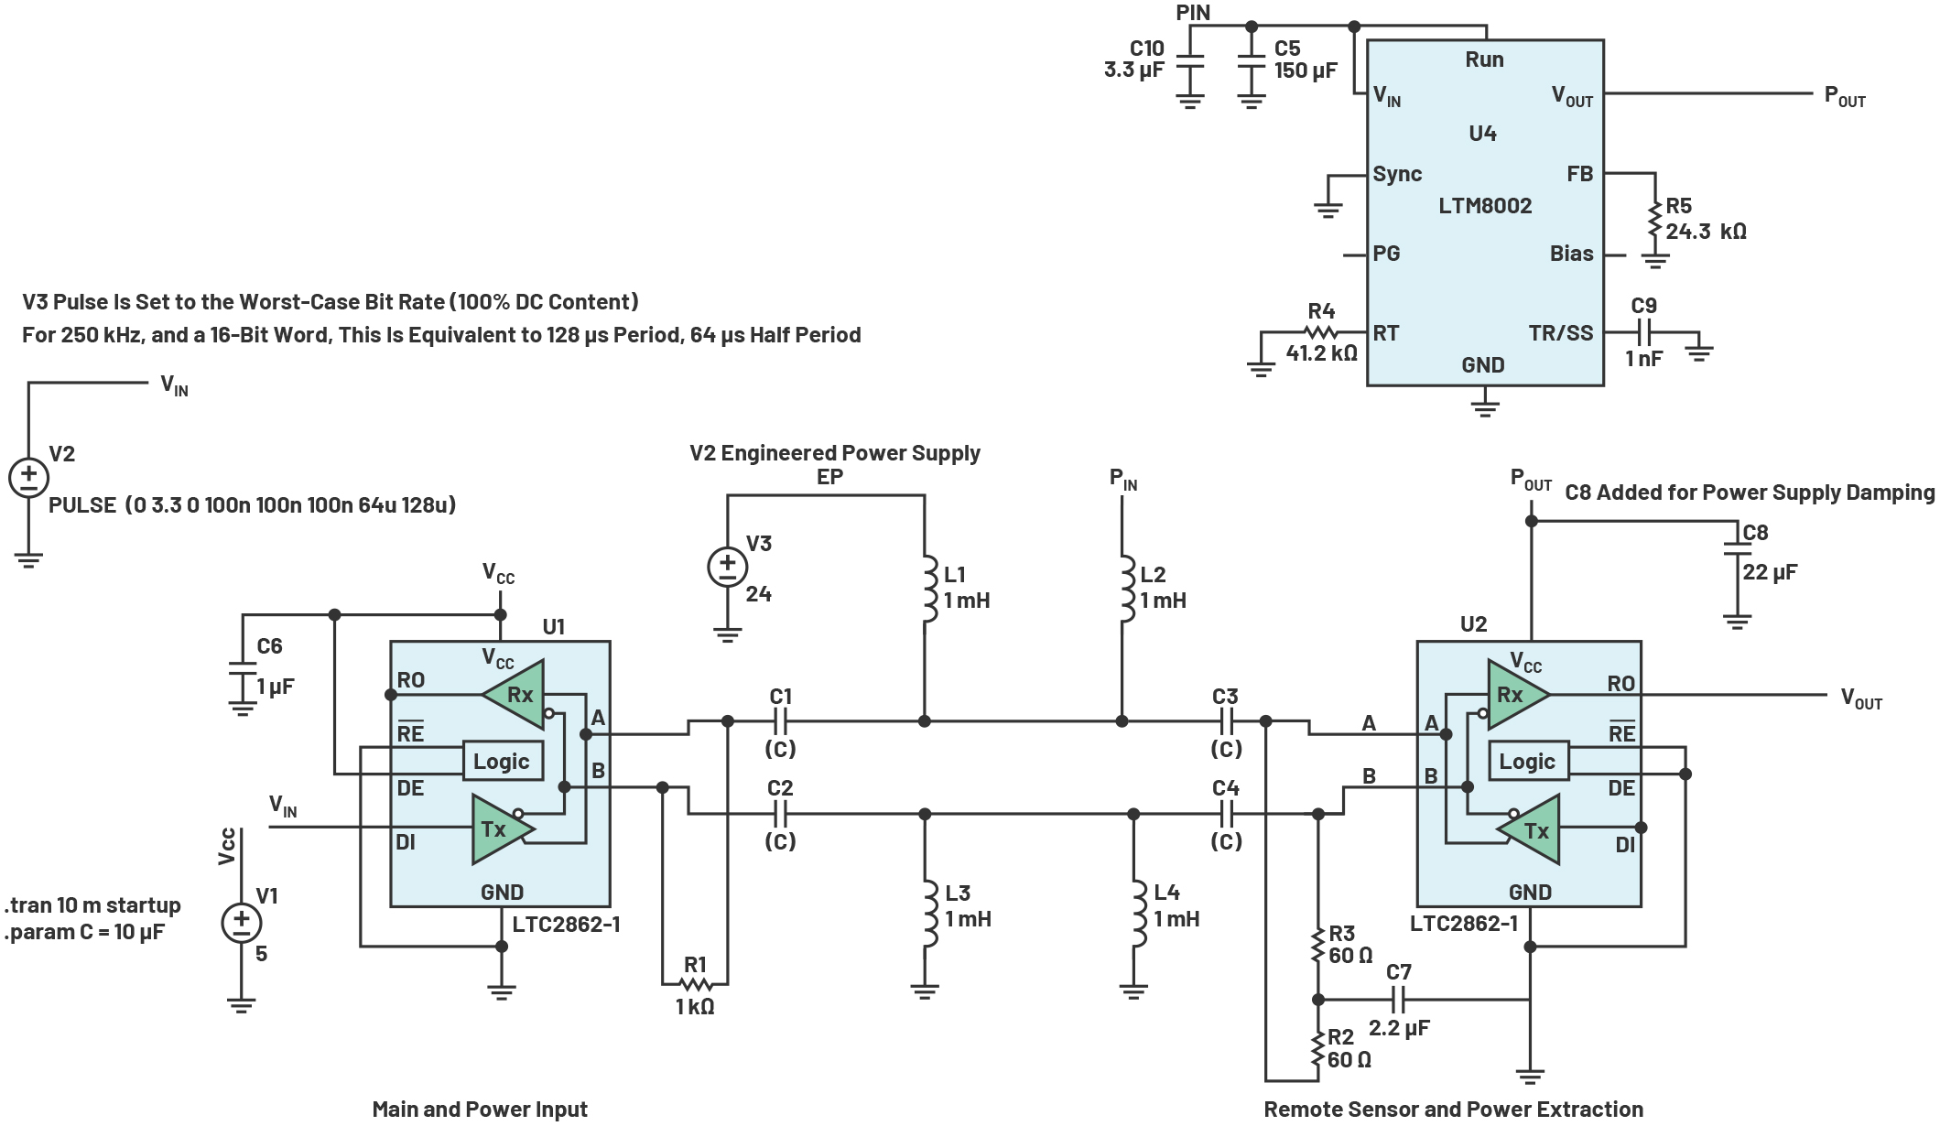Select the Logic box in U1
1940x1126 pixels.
(x=502, y=762)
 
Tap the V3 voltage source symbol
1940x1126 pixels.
(x=727, y=567)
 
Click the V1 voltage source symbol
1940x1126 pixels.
(x=241, y=923)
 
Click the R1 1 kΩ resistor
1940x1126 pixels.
(x=696, y=984)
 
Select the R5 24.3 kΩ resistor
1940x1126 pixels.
(x=1654, y=220)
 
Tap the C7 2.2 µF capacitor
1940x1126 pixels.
(x=1398, y=999)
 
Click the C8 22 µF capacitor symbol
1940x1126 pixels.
(x=1737, y=547)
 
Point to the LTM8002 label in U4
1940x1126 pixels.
(x=1485, y=206)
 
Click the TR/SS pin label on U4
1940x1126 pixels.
(x=1560, y=333)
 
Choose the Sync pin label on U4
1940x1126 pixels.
(x=1397, y=174)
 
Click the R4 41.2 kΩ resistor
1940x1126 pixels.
(x=1320, y=332)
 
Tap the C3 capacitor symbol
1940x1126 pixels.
(x=1227, y=721)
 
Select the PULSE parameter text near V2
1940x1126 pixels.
(x=252, y=505)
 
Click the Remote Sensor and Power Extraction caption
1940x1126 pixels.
(x=1453, y=1109)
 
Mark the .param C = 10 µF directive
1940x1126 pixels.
(x=84, y=932)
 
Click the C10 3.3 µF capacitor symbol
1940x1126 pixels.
(x=1189, y=61)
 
